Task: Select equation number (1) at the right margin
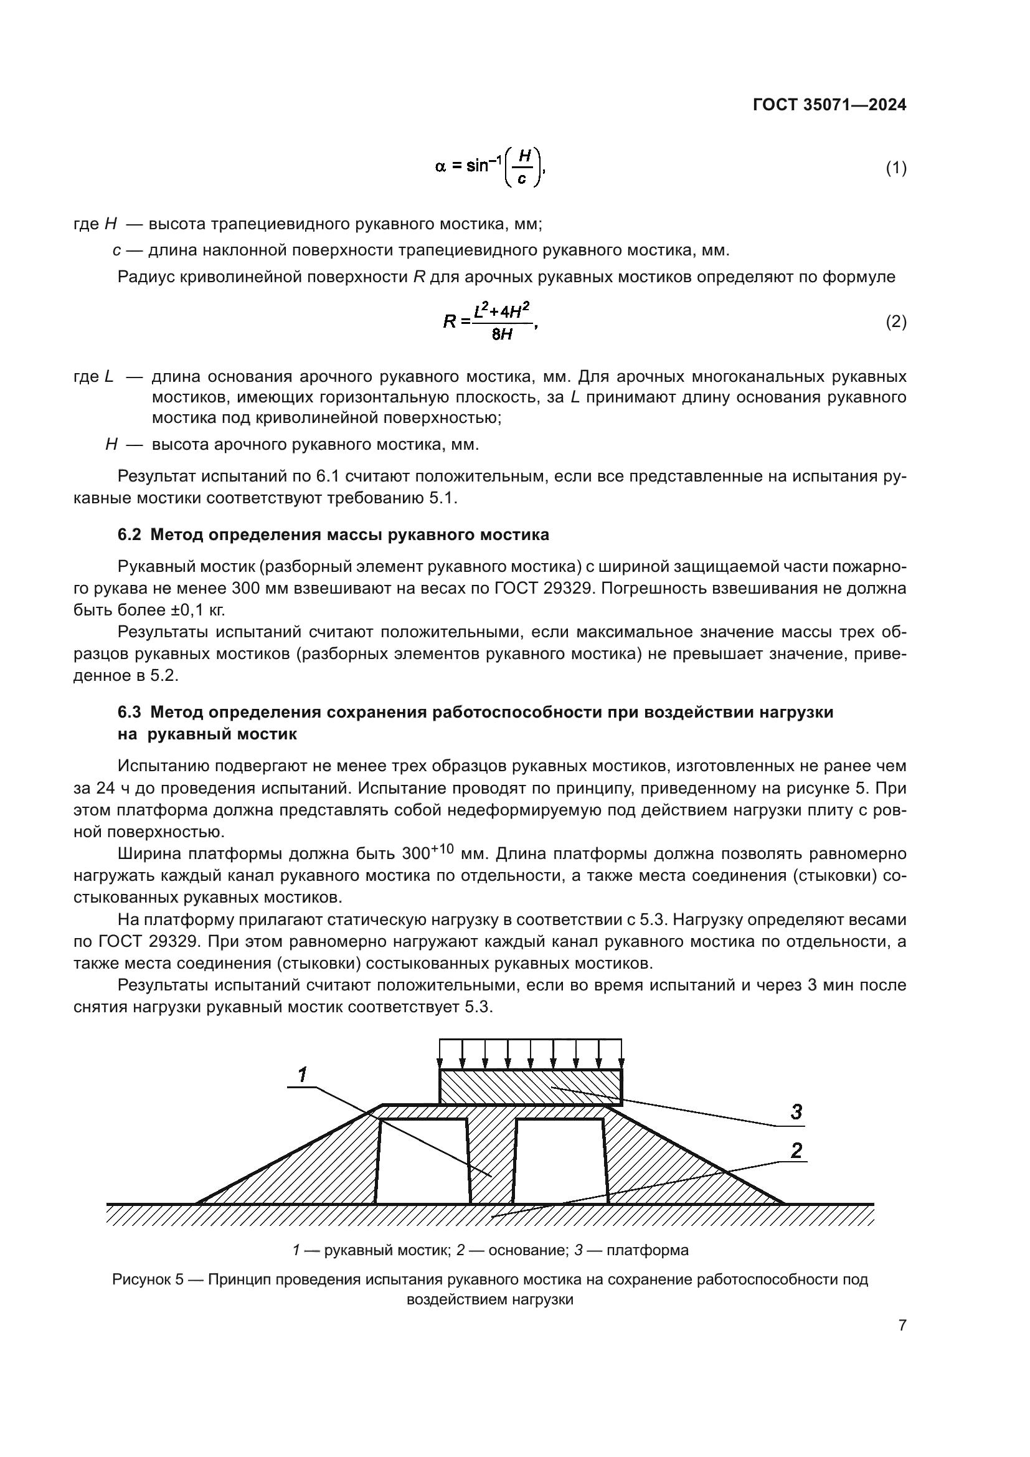click(895, 168)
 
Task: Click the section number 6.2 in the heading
click(129, 534)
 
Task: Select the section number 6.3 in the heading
click(129, 712)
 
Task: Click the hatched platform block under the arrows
click(530, 1087)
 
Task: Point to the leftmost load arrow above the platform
click(440, 1055)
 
